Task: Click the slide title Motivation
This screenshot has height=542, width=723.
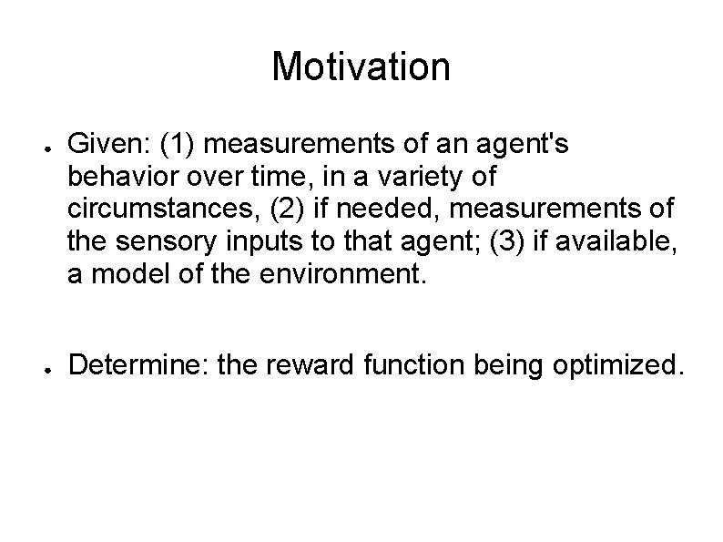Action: pos(361,66)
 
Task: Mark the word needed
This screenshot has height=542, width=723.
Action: pos(380,208)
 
